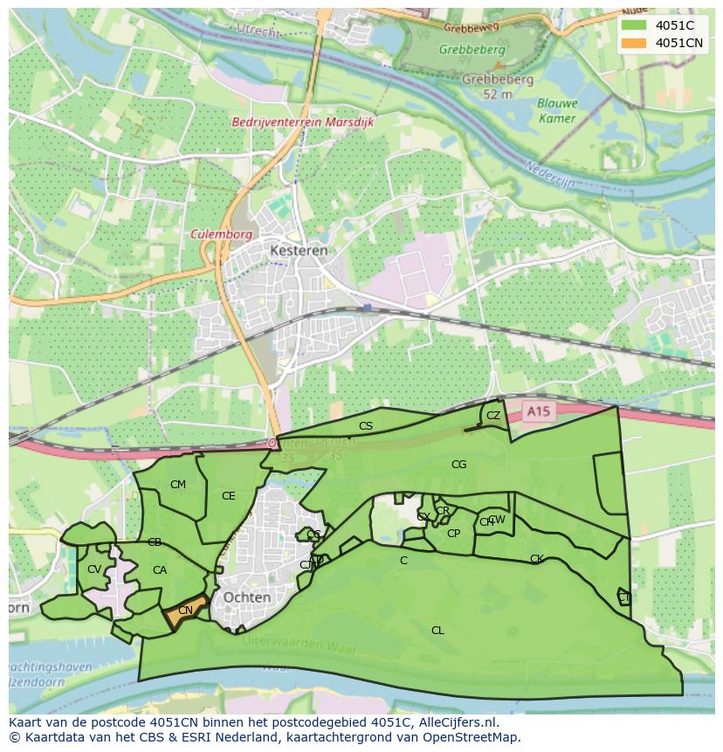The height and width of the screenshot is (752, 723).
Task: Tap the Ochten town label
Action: point(247,597)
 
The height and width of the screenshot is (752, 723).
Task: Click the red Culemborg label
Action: point(221,234)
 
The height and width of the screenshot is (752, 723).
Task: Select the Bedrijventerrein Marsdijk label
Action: point(302,122)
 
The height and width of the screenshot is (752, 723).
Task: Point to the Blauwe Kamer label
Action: point(557,110)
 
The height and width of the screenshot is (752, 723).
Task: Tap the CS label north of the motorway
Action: point(366,426)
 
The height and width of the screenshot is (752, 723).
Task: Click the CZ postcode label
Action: point(493,416)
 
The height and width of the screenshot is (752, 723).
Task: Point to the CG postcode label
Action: point(459,465)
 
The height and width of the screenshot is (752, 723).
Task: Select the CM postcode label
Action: point(178,485)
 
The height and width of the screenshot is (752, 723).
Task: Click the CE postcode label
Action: point(229,496)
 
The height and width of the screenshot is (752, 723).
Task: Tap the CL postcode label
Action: point(437,630)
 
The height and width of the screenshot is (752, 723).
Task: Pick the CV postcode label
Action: point(94,569)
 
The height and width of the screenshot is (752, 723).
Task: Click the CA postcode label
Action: point(160,570)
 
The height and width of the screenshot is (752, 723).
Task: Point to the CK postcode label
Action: point(537,559)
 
